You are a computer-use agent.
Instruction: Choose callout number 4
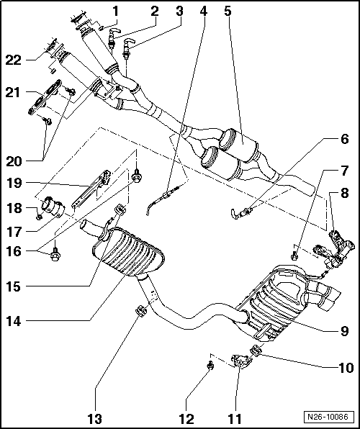[x=204, y=12]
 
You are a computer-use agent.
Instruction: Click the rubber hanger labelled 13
[x=138, y=312]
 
